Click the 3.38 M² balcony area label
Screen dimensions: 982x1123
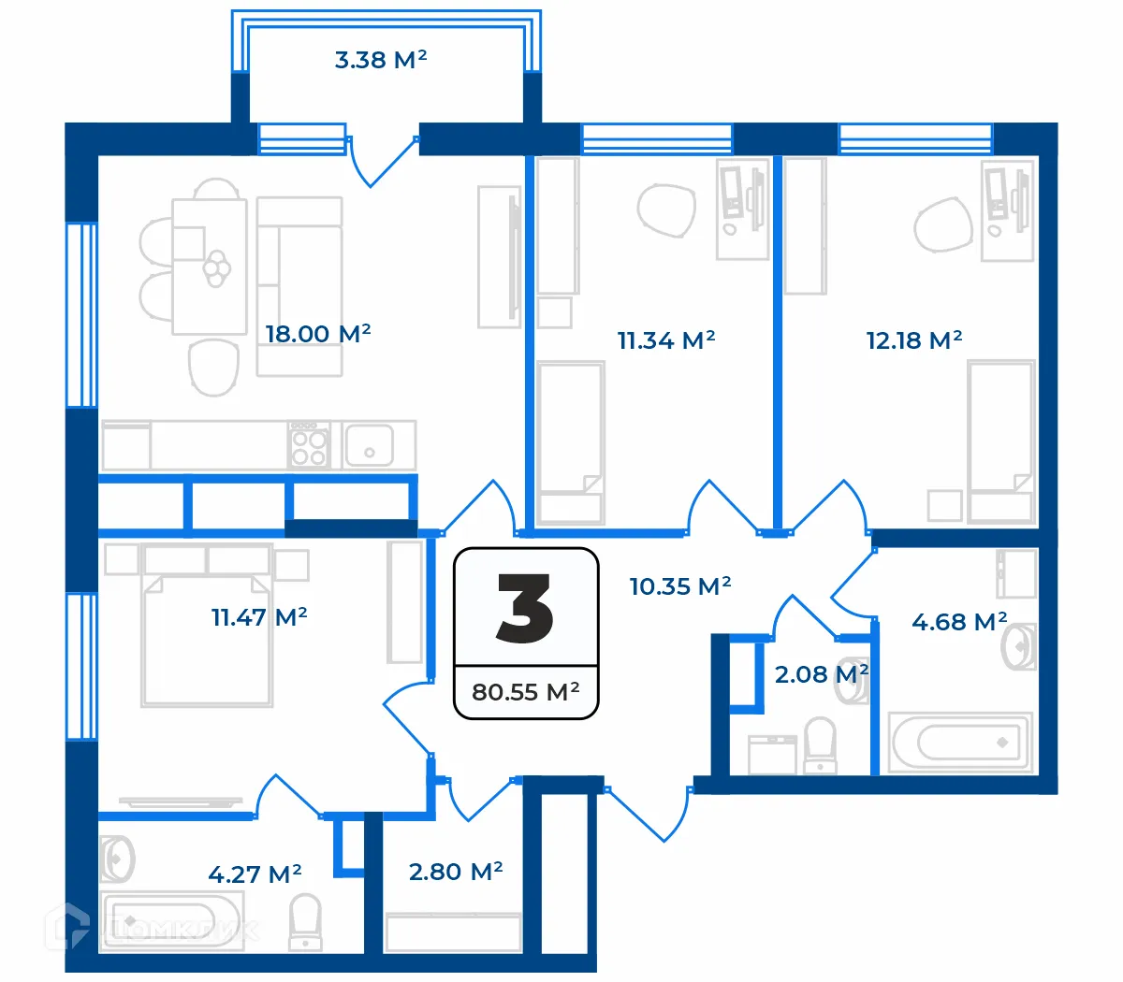coord(381,60)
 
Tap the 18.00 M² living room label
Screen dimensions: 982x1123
coord(317,334)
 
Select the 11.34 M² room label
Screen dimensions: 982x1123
coord(665,340)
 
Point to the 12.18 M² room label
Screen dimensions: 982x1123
coord(913,340)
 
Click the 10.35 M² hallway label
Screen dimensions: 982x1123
coord(679,586)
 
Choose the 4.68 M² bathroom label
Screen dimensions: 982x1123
coord(958,621)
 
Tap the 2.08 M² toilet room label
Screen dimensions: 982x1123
coord(820,673)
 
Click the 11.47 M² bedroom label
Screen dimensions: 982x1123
coord(259,617)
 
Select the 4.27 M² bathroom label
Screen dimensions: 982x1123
coord(255,874)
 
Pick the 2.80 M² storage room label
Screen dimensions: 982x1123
coord(456,872)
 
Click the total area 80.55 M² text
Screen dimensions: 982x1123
coord(525,692)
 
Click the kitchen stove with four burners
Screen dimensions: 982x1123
coord(309,445)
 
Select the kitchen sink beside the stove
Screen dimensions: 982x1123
coord(369,445)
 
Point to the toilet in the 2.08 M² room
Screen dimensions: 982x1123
coord(821,745)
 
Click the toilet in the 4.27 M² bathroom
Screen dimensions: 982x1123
coord(305,921)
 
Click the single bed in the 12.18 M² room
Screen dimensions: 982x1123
coord(1000,440)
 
